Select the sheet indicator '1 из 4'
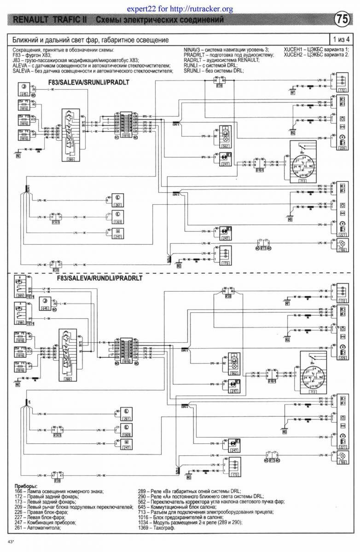pos(341,40)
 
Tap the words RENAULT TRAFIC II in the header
pos(52,20)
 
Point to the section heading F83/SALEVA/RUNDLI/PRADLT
pos(99,279)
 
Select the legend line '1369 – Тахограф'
pos(157,528)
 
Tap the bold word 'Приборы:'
pos(26,486)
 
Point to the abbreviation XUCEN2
pos(295,55)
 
